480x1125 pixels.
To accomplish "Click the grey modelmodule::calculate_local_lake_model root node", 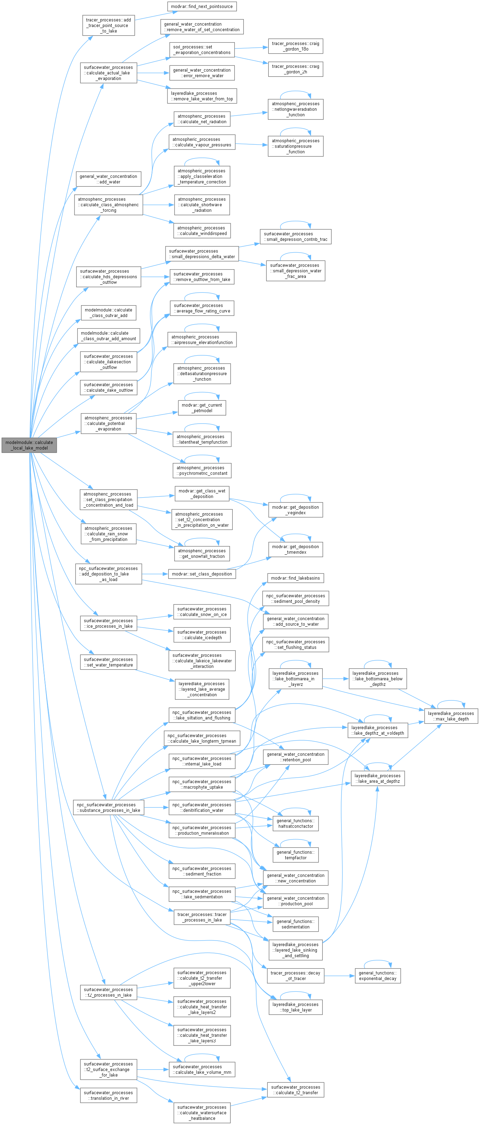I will tap(29, 445).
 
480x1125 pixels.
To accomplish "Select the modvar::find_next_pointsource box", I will tap(202, 7).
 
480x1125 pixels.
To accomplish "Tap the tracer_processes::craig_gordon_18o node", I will tap(295, 46).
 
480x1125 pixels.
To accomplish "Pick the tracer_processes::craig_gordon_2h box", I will tap(295, 69).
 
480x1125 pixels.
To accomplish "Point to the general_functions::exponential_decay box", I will tap(377, 976).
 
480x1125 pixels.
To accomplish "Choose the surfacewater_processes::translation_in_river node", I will tap(108, 1095).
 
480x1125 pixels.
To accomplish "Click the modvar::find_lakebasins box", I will tap(295, 578).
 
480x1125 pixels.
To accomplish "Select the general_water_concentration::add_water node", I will tap(108, 179).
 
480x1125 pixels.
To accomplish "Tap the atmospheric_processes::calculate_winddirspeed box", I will tap(202, 230).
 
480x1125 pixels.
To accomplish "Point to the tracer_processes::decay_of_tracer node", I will tap(295, 976).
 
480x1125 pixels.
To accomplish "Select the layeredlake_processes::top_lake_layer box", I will tap(295, 1007).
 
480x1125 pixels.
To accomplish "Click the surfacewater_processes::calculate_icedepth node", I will tap(202, 635).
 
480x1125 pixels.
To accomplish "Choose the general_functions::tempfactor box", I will tap(295, 855).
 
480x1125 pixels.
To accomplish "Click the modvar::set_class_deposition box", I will tap(202, 574).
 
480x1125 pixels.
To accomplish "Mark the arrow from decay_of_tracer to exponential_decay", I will tap(340, 976).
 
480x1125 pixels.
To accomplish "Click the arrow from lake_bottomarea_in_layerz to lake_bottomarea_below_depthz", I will tap(335, 679).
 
